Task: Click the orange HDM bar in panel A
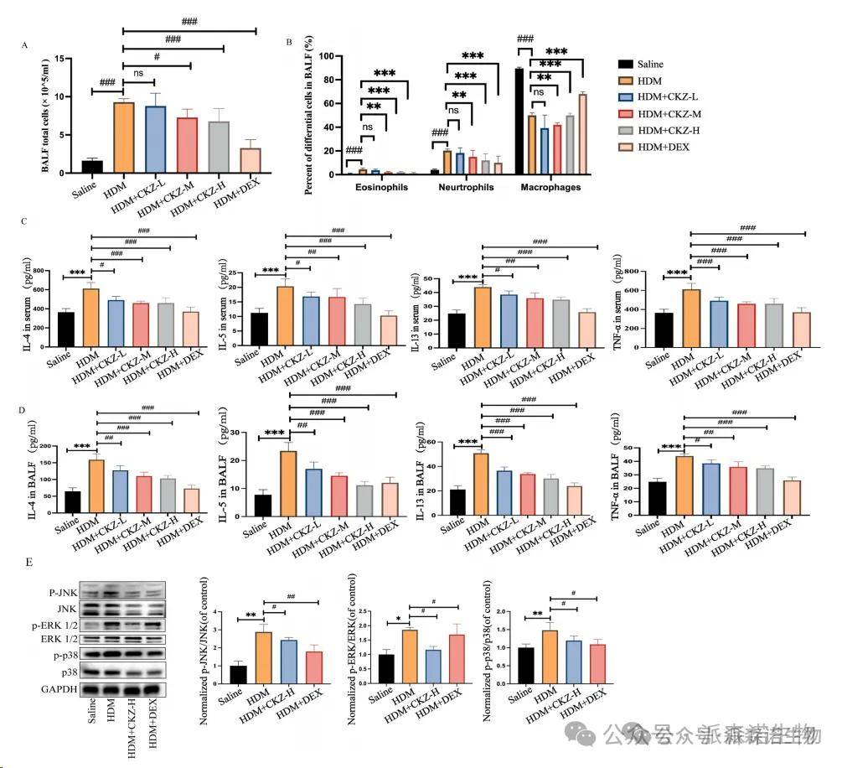coord(124,138)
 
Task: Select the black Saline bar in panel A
coord(92,166)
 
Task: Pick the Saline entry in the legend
coord(651,64)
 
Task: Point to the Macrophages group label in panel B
coord(550,188)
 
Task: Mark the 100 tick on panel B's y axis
coord(325,56)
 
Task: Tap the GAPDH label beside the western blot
coord(64,688)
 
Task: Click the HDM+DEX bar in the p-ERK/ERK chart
coord(457,660)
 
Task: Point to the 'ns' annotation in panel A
coord(139,74)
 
